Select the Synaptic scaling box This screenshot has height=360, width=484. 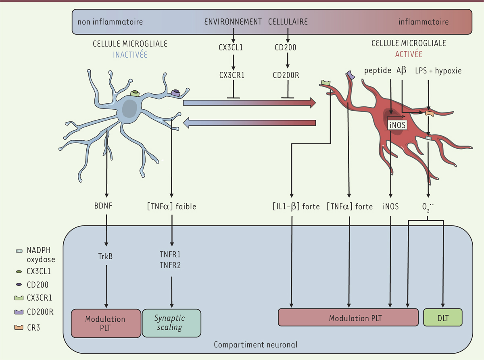171,323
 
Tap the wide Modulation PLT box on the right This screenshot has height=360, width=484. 348,318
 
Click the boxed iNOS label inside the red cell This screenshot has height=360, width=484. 397,125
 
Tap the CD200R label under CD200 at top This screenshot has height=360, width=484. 287,75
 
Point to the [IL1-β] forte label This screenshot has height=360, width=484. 296,207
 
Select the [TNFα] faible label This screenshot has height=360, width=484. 171,207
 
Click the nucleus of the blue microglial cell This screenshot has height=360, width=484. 129,109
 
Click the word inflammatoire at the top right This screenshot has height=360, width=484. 423,22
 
